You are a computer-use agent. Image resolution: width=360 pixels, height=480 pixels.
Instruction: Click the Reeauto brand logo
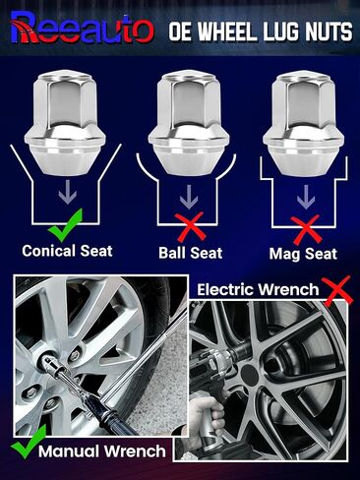coord(78,29)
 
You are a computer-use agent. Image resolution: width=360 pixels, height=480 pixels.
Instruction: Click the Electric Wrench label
coord(259,290)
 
